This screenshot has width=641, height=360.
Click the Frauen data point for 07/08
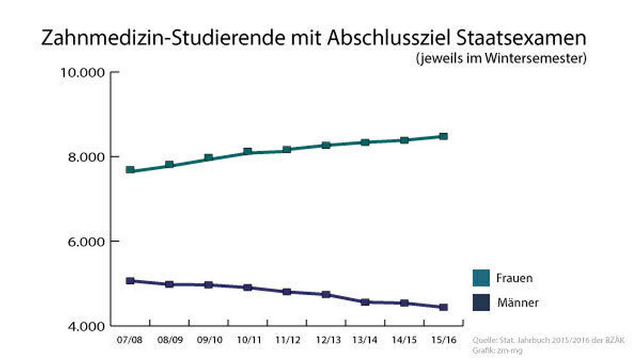130,170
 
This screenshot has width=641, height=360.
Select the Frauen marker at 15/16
443,136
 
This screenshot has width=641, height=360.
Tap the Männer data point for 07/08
130,281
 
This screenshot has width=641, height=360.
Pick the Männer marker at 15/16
443,307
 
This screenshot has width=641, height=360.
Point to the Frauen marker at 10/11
247,152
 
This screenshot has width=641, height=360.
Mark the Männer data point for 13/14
365,302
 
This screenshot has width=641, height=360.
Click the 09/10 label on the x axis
208,339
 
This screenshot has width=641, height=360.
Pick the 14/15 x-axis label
404,339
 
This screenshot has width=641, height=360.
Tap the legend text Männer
518,302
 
